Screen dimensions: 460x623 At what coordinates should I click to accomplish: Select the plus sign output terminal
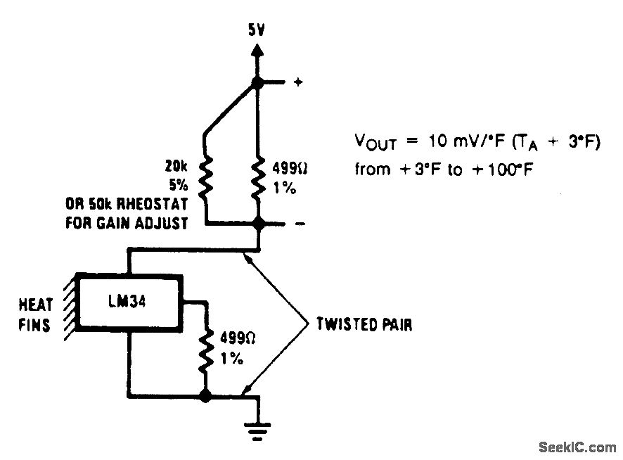pos(297,82)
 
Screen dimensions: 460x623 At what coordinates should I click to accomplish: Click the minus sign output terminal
pos(297,224)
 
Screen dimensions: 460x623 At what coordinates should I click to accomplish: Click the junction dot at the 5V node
pos(258,83)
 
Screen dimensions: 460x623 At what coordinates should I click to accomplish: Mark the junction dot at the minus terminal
pos(258,224)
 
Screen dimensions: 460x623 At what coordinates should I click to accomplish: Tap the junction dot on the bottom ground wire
pos(205,397)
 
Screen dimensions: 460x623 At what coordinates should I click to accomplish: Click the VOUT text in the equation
pos(375,143)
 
